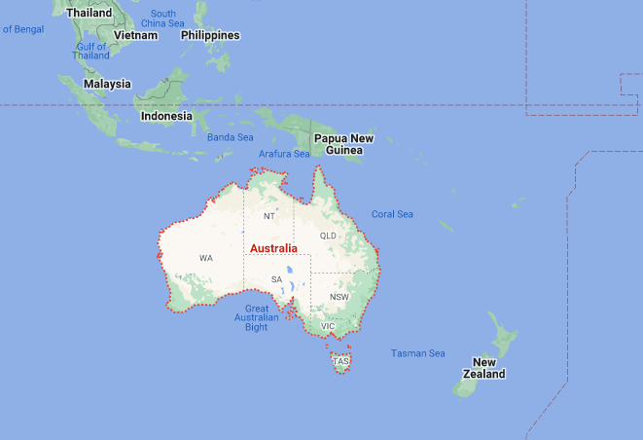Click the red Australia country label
click(273, 248)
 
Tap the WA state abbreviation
click(206, 258)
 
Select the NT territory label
click(269, 216)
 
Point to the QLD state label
click(328, 236)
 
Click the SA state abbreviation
click(276, 279)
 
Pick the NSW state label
click(339, 297)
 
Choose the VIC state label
click(328, 326)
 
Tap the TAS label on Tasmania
click(340, 361)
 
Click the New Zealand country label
click(483, 367)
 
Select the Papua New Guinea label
click(343, 144)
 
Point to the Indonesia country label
click(166, 116)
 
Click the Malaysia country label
click(107, 84)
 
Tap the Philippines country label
click(210, 35)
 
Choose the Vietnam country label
click(135, 35)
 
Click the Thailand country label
click(89, 13)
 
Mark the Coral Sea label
click(392, 214)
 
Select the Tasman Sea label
click(417, 353)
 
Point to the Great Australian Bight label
click(257, 318)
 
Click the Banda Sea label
click(230, 137)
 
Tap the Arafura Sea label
click(284, 154)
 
